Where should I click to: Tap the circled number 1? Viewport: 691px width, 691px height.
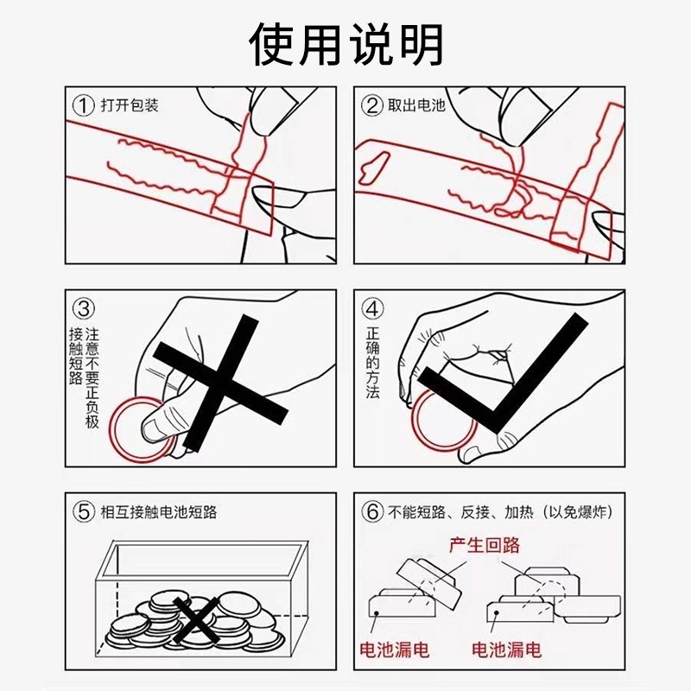tap(82, 105)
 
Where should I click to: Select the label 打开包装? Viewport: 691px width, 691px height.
tap(129, 105)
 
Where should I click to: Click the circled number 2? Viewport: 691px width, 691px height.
tap(371, 105)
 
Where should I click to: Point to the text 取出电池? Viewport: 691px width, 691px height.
tap(417, 105)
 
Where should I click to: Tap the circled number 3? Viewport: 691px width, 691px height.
tap(82, 308)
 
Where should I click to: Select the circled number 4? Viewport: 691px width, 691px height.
tap(371, 308)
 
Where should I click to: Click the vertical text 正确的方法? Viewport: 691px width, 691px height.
tap(372, 363)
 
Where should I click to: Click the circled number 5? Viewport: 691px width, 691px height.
tap(83, 512)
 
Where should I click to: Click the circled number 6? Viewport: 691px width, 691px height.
tap(371, 512)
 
